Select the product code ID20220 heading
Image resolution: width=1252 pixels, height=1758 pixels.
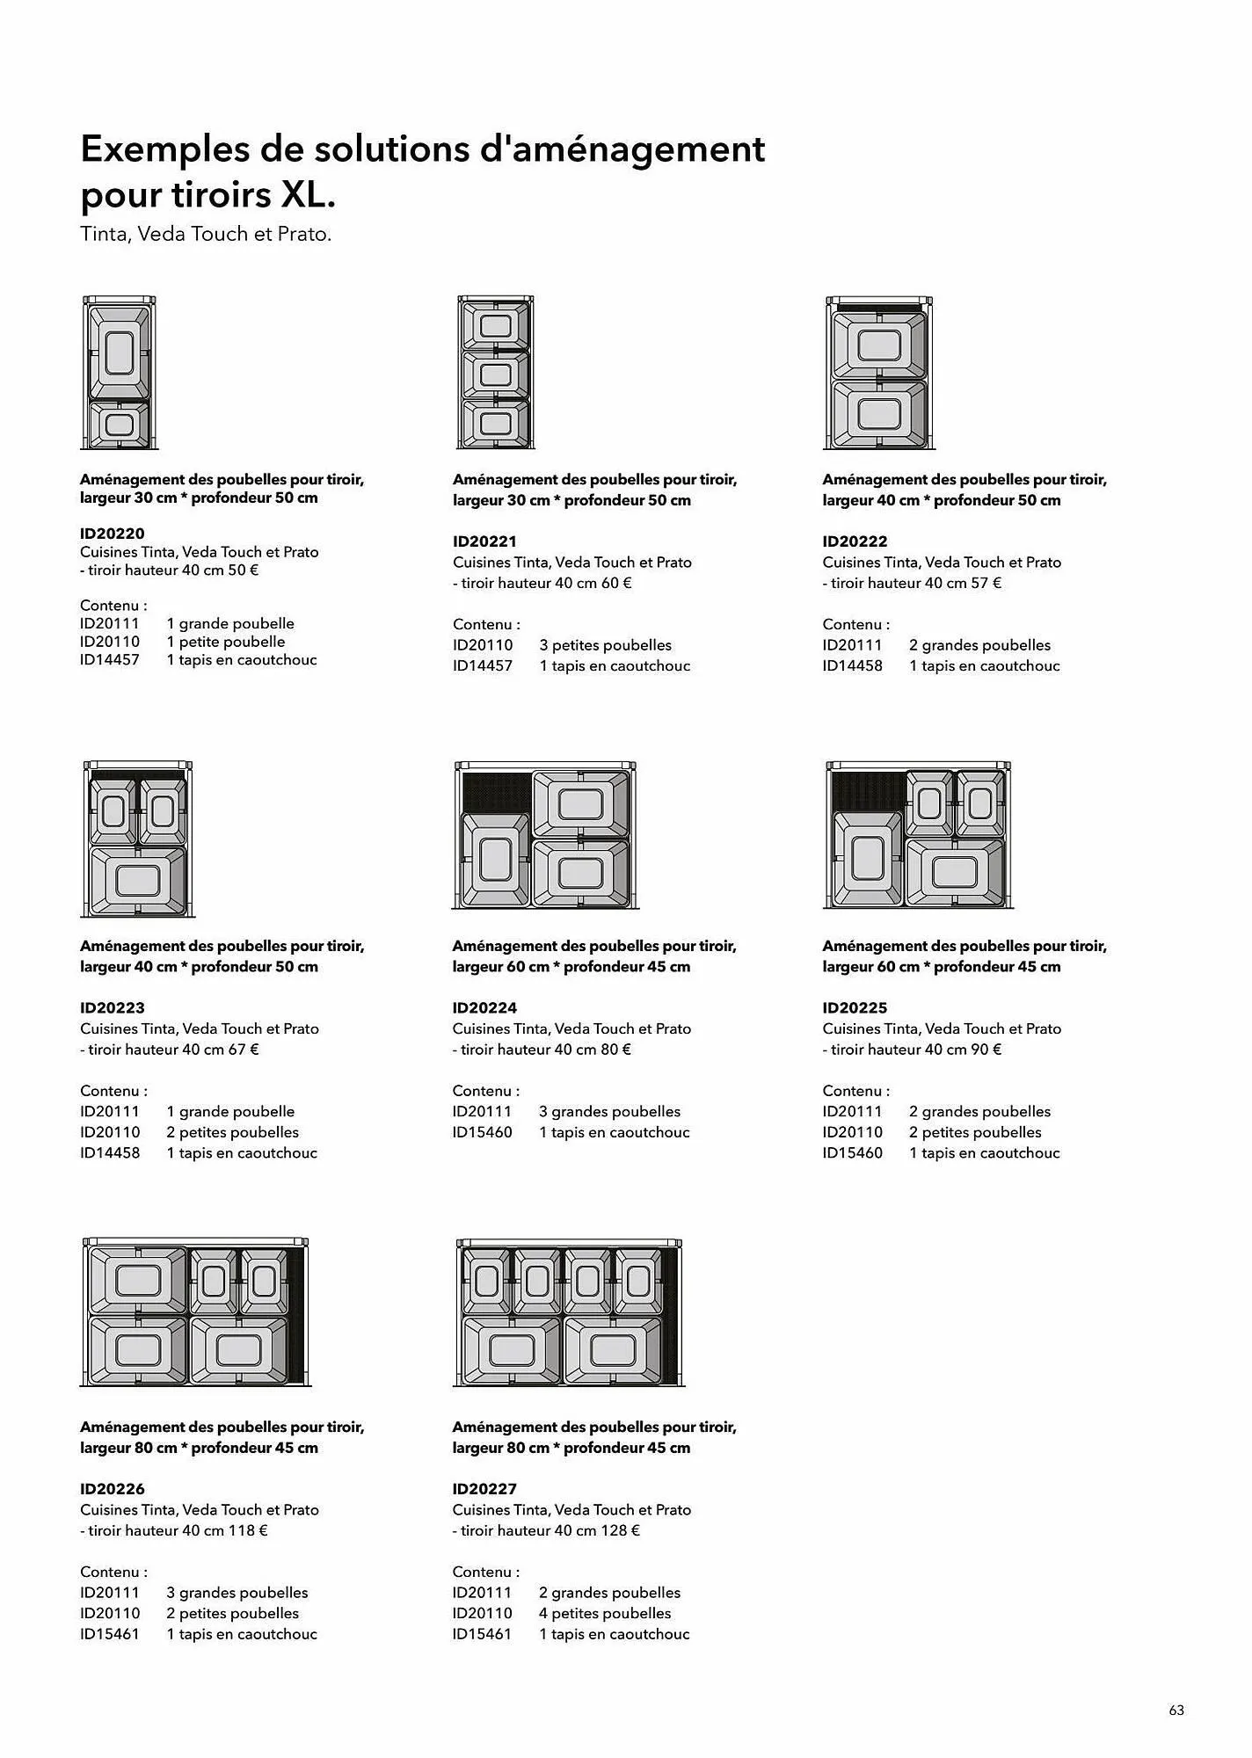[x=113, y=534]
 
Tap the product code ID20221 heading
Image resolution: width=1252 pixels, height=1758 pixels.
[x=485, y=541]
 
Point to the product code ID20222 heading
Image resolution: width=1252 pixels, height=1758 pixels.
[x=855, y=541]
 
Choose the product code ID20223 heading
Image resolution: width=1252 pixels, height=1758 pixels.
[x=113, y=1008]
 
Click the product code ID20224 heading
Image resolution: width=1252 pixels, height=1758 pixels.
[x=485, y=1008]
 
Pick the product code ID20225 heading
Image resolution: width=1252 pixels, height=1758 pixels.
[x=855, y=1008]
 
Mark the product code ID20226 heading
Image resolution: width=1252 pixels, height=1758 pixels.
[x=113, y=1489]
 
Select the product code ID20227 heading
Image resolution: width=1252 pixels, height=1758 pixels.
[x=485, y=1489]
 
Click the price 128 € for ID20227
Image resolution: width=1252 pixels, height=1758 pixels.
[x=621, y=1530]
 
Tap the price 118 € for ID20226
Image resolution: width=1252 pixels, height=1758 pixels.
[x=249, y=1530]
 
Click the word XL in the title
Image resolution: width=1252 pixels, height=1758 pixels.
[x=307, y=195]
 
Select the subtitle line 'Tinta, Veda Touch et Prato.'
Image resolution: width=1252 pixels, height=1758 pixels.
[x=206, y=235]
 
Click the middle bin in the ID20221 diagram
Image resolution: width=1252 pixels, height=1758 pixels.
[x=496, y=375]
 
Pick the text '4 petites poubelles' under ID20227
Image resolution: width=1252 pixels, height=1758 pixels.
[x=605, y=1613]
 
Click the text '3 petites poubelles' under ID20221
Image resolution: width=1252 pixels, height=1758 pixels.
[x=605, y=645]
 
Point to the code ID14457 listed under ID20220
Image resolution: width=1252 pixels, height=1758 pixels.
[x=110, y=660]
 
